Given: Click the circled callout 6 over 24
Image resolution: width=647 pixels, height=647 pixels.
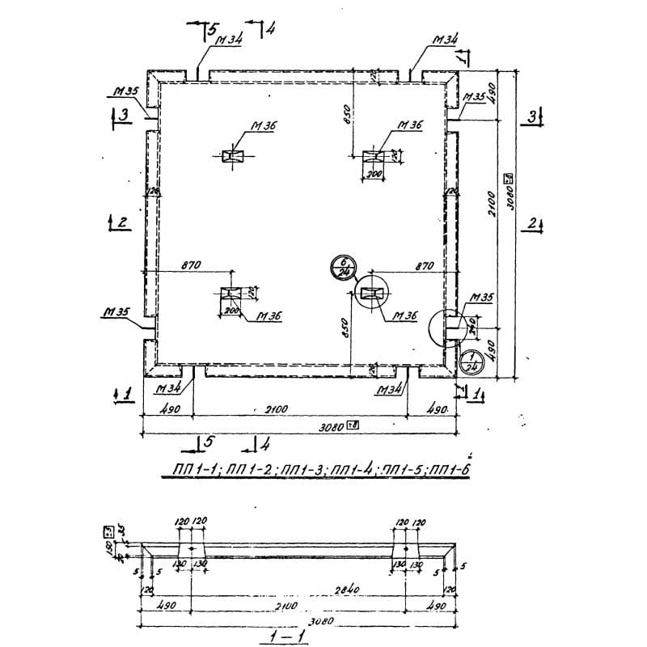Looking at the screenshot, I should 344,267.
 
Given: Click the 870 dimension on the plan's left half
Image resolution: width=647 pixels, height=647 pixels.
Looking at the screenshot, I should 192,265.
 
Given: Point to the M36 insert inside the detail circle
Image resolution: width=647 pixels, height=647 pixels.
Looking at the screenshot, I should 370,295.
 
